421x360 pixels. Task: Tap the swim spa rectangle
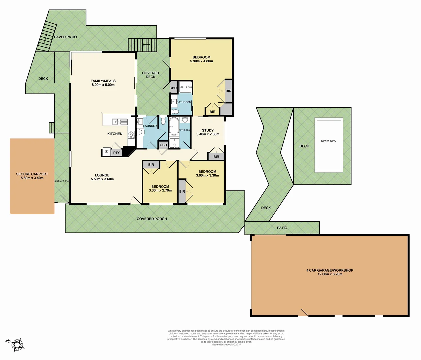click(329, 146)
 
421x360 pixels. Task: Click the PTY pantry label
click(116, 153)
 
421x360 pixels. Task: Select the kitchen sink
click(120, 122)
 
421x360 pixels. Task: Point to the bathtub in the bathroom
click(174, 127)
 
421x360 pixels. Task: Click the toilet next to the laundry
click(163, 121)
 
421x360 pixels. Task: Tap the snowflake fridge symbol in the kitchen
click(107, 152)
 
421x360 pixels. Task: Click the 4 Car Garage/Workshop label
click(330, 270)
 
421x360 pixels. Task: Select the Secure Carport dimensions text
click(32, 178)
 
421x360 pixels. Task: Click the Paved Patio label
click(65, 37)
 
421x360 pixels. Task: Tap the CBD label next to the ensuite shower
click(173, 88)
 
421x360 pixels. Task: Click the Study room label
click(208, 130)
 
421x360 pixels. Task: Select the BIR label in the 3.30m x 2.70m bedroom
click(151, 165)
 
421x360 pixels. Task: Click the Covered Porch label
click(152, 219)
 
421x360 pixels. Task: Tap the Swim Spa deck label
click(304, 146)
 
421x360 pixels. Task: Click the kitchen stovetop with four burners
click(131, 135)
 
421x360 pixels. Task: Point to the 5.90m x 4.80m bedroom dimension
click(201, 61)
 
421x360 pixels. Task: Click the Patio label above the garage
click(282, 228)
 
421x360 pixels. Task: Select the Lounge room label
click(102, 175)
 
